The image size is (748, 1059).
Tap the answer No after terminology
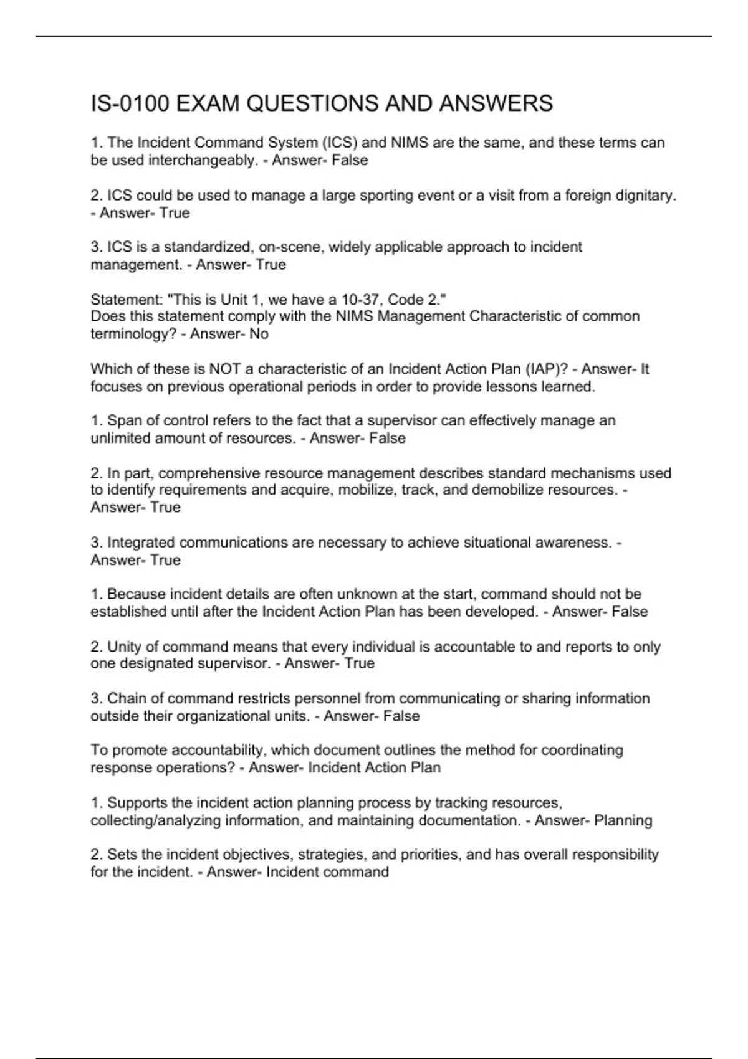pos(259,334)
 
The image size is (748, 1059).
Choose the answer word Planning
pos(623,820)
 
